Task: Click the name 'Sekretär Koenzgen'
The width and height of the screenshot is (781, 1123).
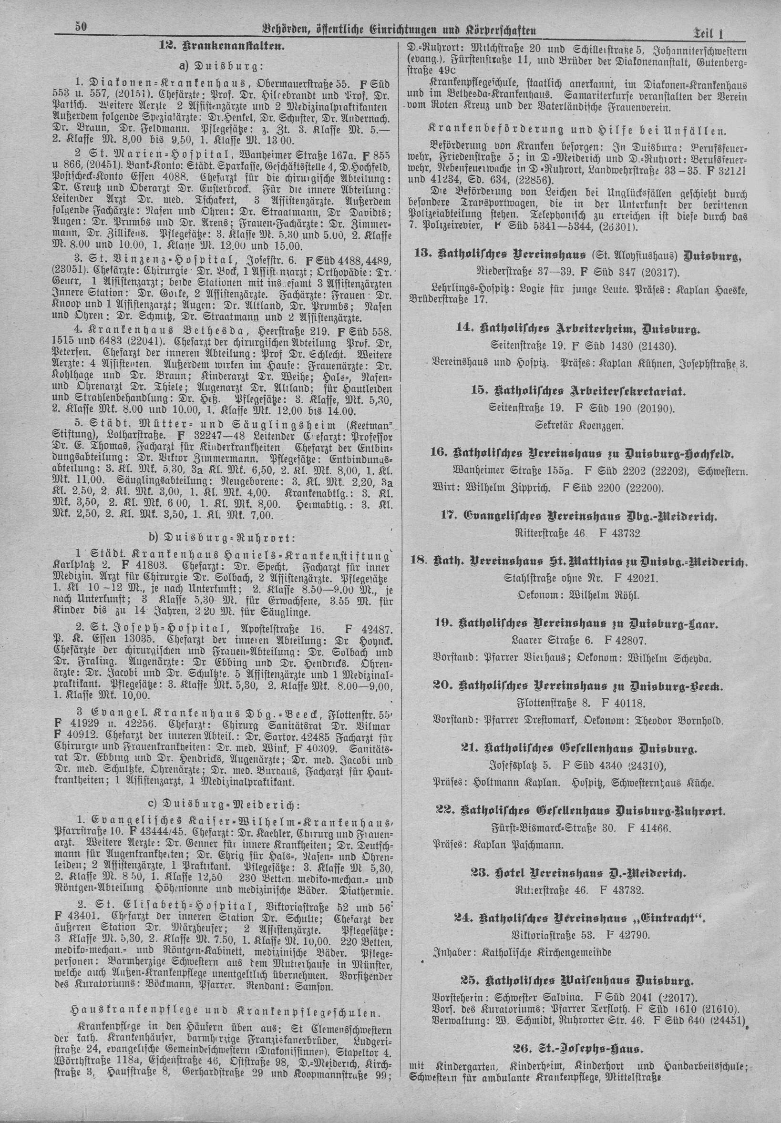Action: point(579,425)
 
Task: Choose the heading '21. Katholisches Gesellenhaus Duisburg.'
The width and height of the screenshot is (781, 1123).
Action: point(579,748)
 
